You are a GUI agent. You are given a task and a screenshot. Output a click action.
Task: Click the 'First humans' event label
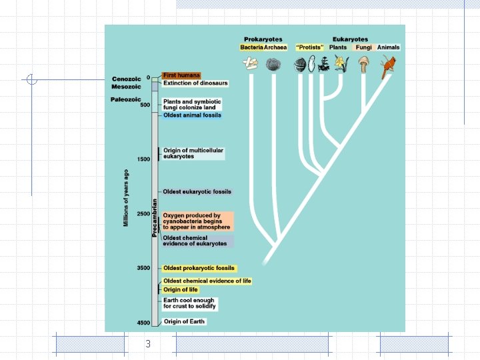point(181,75)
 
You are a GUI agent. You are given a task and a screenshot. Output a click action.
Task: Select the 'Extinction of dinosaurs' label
point(195,83)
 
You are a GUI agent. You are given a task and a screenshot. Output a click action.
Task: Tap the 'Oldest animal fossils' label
point(192,115)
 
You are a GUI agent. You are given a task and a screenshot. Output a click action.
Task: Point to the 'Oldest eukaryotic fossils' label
point(197,192)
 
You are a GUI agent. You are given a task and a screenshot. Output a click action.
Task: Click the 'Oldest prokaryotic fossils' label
point(199,268)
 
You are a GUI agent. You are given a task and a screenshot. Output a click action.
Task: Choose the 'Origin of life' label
point(181,289)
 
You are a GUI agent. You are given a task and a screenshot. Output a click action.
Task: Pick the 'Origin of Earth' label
point(185,321)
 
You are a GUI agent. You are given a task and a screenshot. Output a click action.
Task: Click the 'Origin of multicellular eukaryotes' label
point(193,153)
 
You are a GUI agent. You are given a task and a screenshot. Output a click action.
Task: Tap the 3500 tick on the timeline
point(143,268)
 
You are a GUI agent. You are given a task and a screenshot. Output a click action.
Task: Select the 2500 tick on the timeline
point(143,213)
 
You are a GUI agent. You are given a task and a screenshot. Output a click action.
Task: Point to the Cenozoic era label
point(127,79)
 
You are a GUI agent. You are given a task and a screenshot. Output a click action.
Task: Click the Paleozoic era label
point(126,99)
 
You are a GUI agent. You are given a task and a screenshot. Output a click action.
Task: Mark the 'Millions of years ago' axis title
point(126,198)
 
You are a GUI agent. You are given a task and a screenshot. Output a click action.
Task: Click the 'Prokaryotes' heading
point(263,39)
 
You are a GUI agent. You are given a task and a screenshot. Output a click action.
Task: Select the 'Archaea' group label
point(275,47)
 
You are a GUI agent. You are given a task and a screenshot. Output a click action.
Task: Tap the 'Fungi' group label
point(363,47)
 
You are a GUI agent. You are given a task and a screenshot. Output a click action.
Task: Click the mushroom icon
point(363,65)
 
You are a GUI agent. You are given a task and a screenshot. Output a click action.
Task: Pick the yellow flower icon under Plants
point(341,65)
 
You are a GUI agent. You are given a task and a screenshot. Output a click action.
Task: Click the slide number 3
point(148,344)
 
